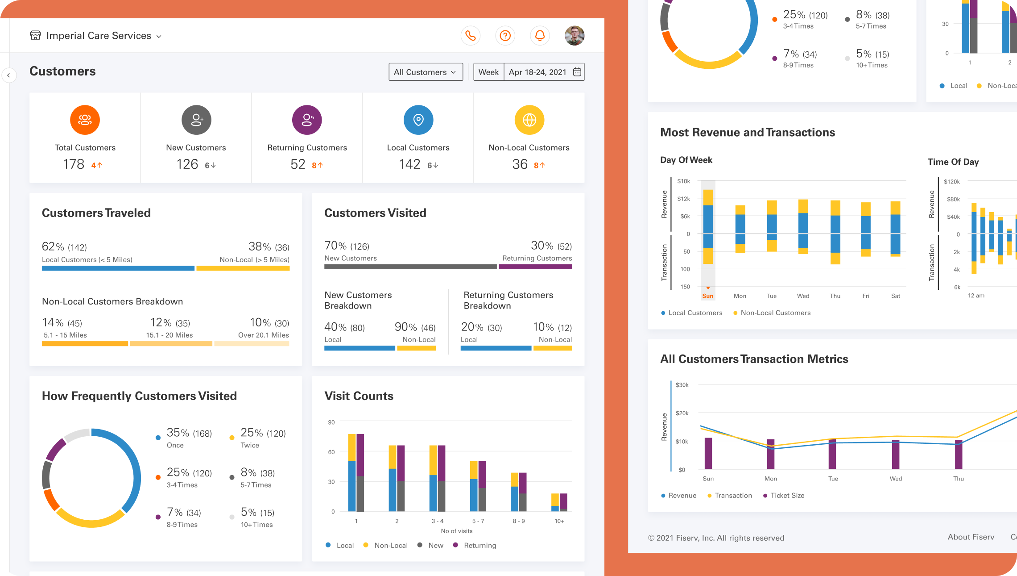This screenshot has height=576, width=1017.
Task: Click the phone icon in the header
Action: pyautogui.click(x=471, y=36)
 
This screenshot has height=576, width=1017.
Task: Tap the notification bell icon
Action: pyautogui.click(x=540, y=36)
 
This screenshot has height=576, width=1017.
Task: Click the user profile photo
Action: pyautogui.click(x=575, y=36)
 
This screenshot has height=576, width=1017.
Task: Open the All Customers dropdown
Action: pyautogui.click(x=426, y=72)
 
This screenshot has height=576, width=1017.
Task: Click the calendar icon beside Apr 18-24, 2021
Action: pyautogui.click(x=577, y=72)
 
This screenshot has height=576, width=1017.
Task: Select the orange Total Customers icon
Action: pyautogui.click(x=85, y=120)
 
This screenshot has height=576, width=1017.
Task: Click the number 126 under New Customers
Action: pyautogui.click(x=187, y=164)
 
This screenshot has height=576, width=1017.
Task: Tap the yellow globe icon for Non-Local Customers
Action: pyautogui.click(x=529, y=120)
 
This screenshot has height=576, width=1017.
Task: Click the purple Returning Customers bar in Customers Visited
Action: pyautogui.click(x=535, y=267)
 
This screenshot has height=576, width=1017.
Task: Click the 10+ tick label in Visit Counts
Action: pyautogui.click(x=559, y=521)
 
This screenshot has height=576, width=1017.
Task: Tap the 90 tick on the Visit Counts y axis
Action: pyautogui.click(x=331, y=422)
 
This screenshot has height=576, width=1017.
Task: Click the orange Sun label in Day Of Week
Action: pyautogui.click(x=708, y=296)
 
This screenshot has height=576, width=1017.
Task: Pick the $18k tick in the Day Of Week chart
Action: pyautogui.click(x=683, y=181)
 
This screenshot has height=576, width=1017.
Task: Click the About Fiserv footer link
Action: pyautogui.click(x=971, y=537)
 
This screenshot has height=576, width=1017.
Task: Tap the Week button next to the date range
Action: pyautogui.click(x=488, y=72)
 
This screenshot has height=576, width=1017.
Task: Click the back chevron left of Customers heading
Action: pyautogui.click(x=8, y=75)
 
